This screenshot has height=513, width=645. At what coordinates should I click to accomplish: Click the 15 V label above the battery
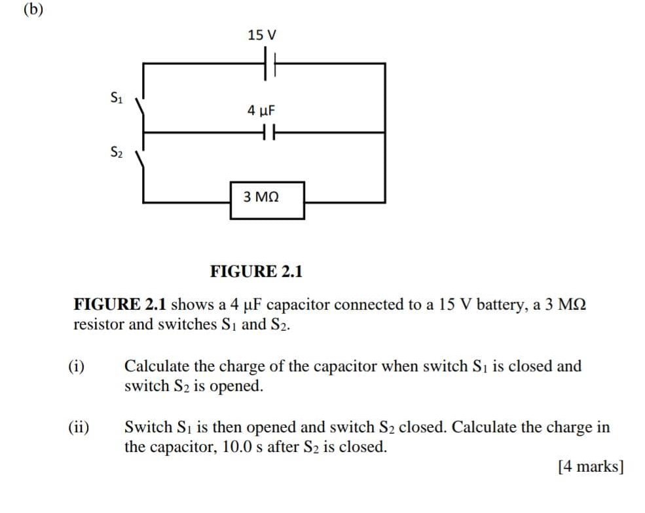[263, 34]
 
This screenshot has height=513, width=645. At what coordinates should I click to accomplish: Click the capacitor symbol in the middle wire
[267, 132]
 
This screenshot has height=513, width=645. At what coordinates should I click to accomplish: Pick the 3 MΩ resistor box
[267, 199]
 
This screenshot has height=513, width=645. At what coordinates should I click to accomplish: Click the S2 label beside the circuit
[116, 155]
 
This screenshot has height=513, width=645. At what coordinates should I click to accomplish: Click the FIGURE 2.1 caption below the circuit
[256, 271]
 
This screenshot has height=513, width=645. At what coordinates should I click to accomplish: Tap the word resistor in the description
[100, 324]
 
